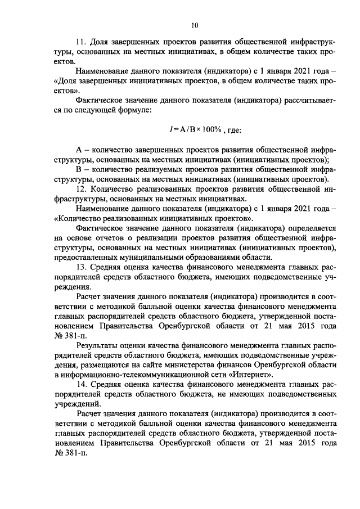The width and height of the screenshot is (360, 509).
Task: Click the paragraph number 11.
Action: [x=80, y=42]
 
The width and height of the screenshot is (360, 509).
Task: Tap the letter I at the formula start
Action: [x=170, y=130]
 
